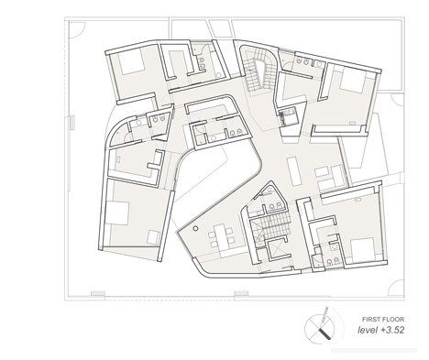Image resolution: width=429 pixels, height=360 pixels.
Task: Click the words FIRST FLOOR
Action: click(383, 320)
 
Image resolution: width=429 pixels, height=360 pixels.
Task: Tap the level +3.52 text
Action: click(381, 330)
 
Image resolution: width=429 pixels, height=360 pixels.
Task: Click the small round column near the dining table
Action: click(195, 228)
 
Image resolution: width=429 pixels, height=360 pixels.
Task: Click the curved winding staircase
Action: click(259, 71)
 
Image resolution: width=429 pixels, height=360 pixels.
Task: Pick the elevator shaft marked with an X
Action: click(278, 249)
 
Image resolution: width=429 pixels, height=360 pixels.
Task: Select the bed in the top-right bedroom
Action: click(353, 79)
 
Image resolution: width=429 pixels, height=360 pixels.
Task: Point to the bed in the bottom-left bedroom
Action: click(116, 213)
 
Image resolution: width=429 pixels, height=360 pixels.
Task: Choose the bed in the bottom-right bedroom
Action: click(363, 250)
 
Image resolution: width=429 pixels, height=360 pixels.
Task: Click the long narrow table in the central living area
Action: click(295, 171)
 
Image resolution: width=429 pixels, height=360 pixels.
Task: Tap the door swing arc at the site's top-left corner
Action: click(77, 29)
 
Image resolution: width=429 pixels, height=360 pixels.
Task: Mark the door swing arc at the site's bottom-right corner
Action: click(396, 289)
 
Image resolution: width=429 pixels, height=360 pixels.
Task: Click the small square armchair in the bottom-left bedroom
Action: click(153, 237)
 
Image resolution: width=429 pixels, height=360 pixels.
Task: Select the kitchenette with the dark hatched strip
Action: click(289, 116)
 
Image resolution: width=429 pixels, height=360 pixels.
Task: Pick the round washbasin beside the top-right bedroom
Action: click(319, 64)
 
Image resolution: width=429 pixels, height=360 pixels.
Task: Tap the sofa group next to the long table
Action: click(331, 178)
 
